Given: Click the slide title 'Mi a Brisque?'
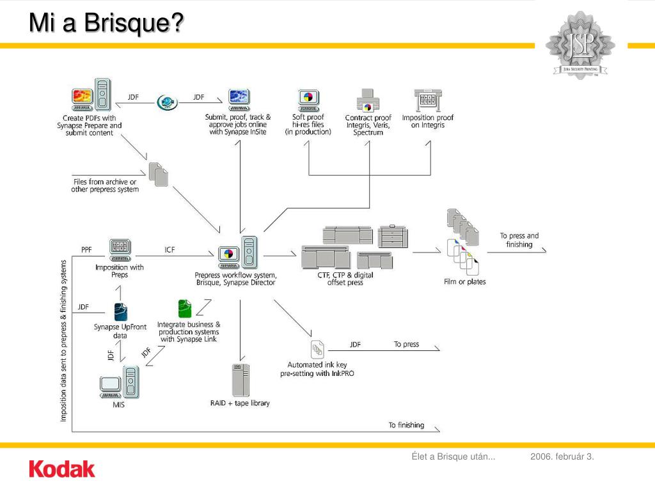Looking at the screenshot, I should click(x=106, y=24).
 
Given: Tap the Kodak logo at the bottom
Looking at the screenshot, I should click(x=62, y=470).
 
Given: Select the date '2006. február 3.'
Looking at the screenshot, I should click(x=562, y=456).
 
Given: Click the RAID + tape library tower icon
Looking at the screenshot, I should click(x=241, y=380).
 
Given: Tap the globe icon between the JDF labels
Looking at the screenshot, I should click(x=166, y=102).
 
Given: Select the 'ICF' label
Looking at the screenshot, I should click(x=170, y=249).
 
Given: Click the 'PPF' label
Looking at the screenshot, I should click(x=87, y=249).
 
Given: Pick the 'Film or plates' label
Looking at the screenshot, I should click(x=465, y=281).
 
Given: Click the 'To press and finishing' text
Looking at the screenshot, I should click(x=519, y=240).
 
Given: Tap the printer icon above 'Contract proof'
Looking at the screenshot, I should click(x=368, y=101).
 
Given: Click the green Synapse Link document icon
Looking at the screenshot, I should click(x=185, y=309).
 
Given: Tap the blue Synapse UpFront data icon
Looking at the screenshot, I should click(x=120, y=311).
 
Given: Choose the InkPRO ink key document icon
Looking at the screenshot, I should click(x=317, y=350).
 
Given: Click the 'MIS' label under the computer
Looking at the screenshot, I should click(x=119, y=405).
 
